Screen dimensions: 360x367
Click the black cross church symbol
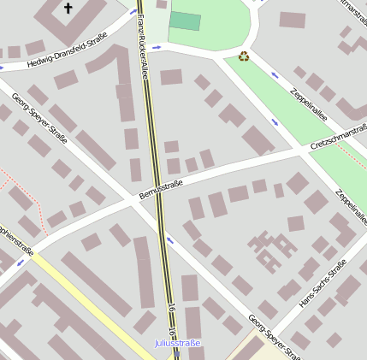click(68, 9)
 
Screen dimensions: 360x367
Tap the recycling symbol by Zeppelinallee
click(244, 56)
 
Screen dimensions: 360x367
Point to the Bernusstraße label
click(161, 190)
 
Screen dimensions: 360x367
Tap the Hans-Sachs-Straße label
click(323, 286)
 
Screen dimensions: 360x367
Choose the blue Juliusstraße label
click(177, 343)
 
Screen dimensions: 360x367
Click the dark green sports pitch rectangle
click(185, 21)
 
